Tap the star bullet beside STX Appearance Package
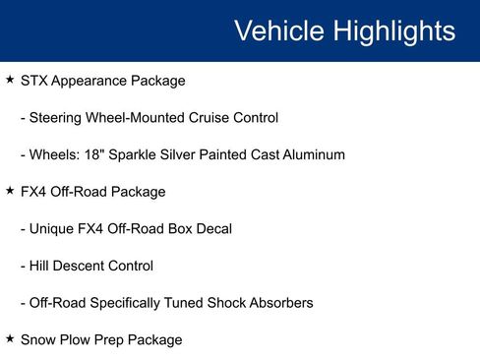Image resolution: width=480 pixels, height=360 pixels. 10,80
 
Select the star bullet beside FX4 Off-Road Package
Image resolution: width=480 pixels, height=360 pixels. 10,191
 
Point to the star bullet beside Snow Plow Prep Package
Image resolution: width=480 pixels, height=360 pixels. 10,338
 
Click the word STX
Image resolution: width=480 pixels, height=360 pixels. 34,81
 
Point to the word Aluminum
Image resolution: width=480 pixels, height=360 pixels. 312,154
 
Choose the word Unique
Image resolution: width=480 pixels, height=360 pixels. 54,229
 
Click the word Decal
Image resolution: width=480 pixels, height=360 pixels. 213,229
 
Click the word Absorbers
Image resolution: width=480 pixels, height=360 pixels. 277,303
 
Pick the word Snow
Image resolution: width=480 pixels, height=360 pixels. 37,339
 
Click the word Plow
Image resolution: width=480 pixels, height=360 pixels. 77,339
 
